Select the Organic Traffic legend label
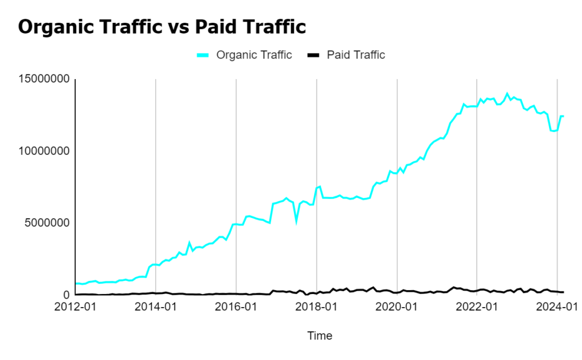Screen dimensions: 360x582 254,55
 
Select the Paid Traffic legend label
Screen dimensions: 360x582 356,55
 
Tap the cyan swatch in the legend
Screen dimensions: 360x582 203,55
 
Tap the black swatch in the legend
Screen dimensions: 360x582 314,55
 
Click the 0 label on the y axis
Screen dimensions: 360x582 66,295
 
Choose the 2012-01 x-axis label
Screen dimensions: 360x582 76,308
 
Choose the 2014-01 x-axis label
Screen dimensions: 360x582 156,308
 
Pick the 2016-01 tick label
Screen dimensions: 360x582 236,308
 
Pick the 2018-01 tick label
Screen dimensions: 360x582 317,308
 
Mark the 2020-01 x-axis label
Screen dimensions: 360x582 397,308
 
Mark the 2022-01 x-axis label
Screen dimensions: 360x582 477,308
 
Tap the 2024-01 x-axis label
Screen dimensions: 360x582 557,308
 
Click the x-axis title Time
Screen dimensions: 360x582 319,336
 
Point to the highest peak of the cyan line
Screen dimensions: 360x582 507,94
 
